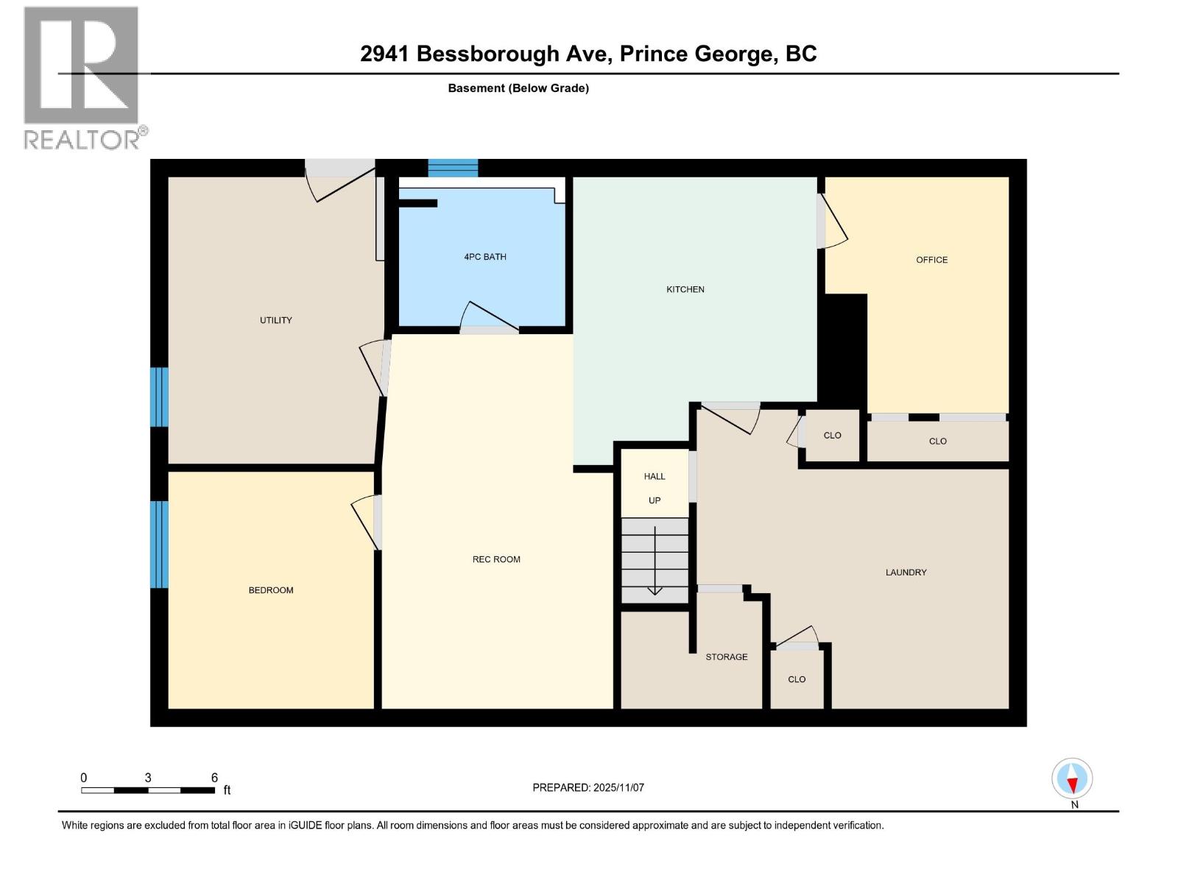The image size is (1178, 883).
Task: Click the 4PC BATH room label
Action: [484, 257]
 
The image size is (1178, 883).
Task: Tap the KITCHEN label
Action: [685, 289]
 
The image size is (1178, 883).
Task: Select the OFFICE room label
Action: [931, 260]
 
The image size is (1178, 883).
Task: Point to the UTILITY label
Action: [275, 320]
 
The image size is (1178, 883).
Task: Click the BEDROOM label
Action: [270, 590]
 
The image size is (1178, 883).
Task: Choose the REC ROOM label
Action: [495, 559]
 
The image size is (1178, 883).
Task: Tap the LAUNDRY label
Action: [906, 572]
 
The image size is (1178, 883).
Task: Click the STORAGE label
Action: [726, 656]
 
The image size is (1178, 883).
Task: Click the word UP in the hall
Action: [654, 500]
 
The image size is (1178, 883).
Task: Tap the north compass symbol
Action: [1072, 779]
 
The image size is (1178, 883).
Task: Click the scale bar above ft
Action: [148, 790]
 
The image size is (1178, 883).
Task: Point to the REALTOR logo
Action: [82, 77]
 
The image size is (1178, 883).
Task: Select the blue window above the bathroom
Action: [453, 168]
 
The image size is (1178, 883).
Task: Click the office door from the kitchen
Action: [831, 220]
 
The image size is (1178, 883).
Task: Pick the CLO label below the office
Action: [937, 441]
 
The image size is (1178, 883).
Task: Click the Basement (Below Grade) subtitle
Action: [518, 88]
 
